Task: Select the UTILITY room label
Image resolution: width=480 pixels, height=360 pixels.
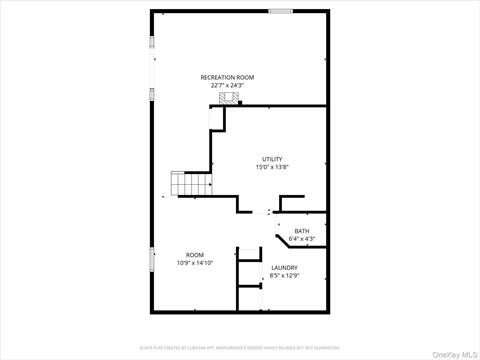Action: click(272, 159)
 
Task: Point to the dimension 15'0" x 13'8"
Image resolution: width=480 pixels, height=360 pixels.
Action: click(272, 167)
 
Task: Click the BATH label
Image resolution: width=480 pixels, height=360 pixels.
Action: click(301, 231)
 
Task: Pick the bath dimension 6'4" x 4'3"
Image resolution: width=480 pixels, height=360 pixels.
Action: click(301, 239)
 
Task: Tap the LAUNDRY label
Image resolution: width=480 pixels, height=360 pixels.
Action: click(284, 267)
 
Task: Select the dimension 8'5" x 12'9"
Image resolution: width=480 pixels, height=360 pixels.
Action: click(284, 275)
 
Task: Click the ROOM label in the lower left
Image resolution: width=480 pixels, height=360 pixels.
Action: click(194, 255)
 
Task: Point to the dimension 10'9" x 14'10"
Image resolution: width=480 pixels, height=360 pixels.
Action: click(194, 263)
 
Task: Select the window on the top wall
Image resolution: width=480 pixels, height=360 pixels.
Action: click(281, 11)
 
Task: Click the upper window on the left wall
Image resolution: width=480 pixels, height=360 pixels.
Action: click(152, 42)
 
